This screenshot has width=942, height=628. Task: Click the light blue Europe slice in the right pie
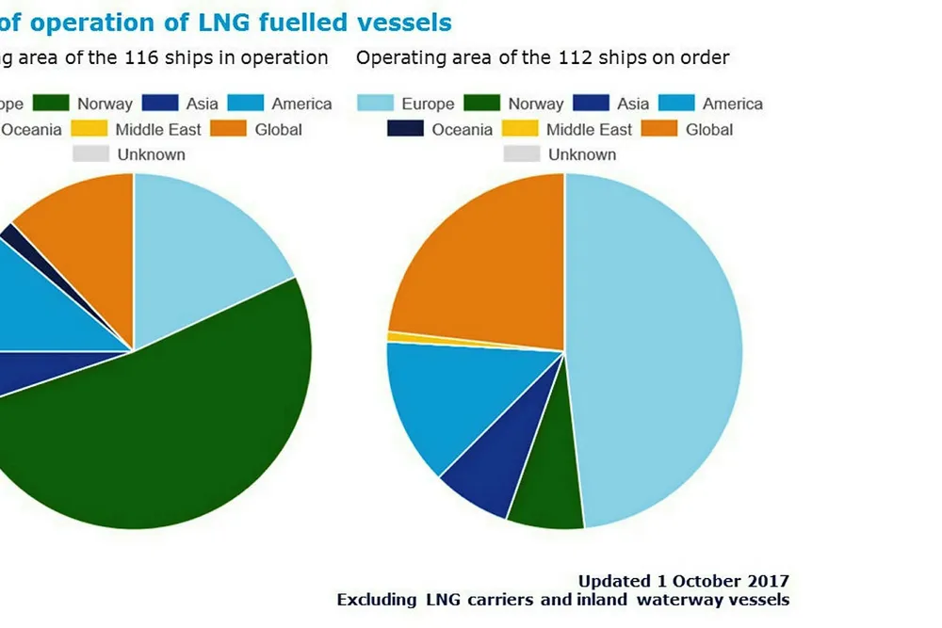[659, 348]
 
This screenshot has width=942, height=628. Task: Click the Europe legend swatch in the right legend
[375, 104]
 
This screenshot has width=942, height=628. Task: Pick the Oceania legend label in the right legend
[462, 129]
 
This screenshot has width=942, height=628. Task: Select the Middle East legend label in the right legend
[589, 129]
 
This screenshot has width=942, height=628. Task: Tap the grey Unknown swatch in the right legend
[521, 154]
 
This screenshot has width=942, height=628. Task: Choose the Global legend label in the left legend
[278, 129]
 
